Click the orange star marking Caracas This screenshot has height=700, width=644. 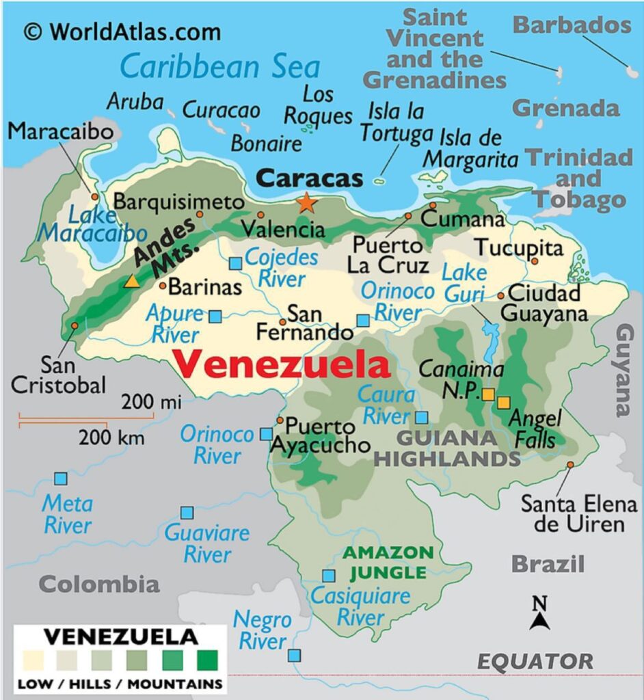click(x=306, y=202)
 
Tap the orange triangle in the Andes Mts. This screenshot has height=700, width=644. click(x=132, y=281)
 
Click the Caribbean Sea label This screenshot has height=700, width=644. click(x=219, y=67)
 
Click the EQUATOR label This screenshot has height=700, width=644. click(x=535, y=661)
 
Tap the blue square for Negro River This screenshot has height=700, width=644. click(x=294, y=656)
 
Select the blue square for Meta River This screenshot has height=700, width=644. click(x=61, y=479)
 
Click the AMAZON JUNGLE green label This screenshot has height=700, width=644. click(x=388, y=562)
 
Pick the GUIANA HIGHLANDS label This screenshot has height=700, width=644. click(x=447, y=448)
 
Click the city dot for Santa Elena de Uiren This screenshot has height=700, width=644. click(x=570, y=465)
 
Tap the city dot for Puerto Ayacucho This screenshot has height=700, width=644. click(x=280, y=420)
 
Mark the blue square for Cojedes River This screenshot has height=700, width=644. click(x=236, y=263)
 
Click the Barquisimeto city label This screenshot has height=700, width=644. click(x=178, y=202)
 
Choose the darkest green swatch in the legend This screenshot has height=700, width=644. click(x=208, y=660)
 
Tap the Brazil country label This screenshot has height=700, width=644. click(x=548, y=564)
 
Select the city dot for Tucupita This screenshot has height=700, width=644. click(x=535, y=261)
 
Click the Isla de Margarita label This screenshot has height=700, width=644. click(x=470, y=148)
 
